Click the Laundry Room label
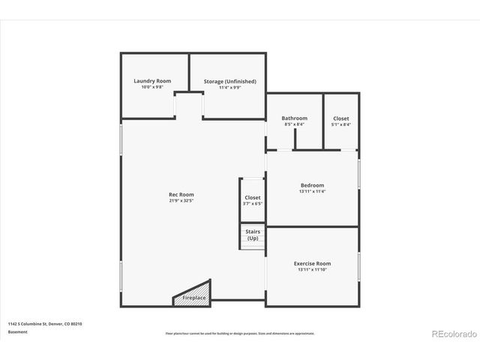coord(152,81)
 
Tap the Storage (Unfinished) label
coord(229,81)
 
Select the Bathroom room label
coord(294,118)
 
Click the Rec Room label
coord(176,194)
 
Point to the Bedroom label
coord(312,185)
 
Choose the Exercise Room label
coord(312,263)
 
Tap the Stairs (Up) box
coord(253,235)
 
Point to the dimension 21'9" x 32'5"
coord(176,201)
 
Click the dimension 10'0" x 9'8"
coord(152,88)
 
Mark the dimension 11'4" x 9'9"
coord(229,88)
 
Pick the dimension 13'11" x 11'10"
coord(312,270)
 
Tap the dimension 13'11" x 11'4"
coord(312,192)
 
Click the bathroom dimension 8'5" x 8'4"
coord(294,124)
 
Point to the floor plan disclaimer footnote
coord(239,332)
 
